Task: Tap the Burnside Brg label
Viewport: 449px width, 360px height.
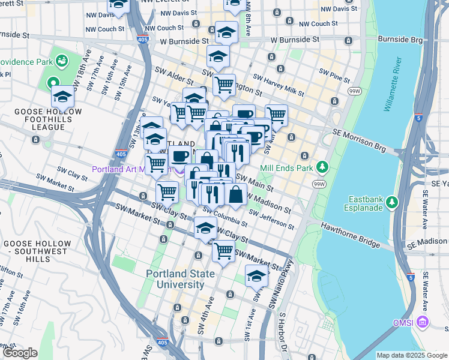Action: (402, 40)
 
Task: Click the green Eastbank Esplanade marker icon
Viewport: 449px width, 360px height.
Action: (393, 202)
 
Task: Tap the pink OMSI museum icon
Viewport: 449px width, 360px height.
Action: (423, 323)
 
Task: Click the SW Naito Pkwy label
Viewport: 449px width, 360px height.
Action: (281, 285)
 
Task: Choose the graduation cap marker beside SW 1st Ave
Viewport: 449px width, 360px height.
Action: (256, 275)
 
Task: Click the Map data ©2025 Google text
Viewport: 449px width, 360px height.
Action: (412, 355)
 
